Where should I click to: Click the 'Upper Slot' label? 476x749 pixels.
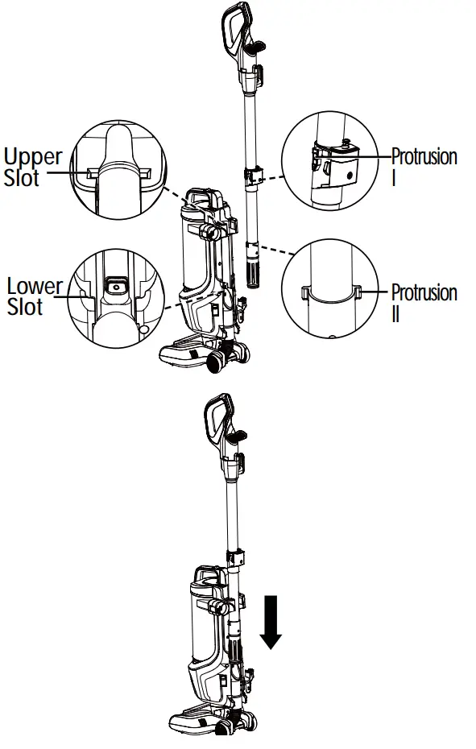click(33, 166)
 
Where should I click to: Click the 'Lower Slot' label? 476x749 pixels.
click(33, 296)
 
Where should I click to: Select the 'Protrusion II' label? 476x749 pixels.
click(424, 301)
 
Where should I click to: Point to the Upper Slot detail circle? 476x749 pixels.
click(119, 170)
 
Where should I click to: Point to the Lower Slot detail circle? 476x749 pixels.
click(118, 299)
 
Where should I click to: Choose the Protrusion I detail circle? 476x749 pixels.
click(330, 161)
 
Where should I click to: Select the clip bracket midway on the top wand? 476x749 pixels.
click(255, 175)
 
